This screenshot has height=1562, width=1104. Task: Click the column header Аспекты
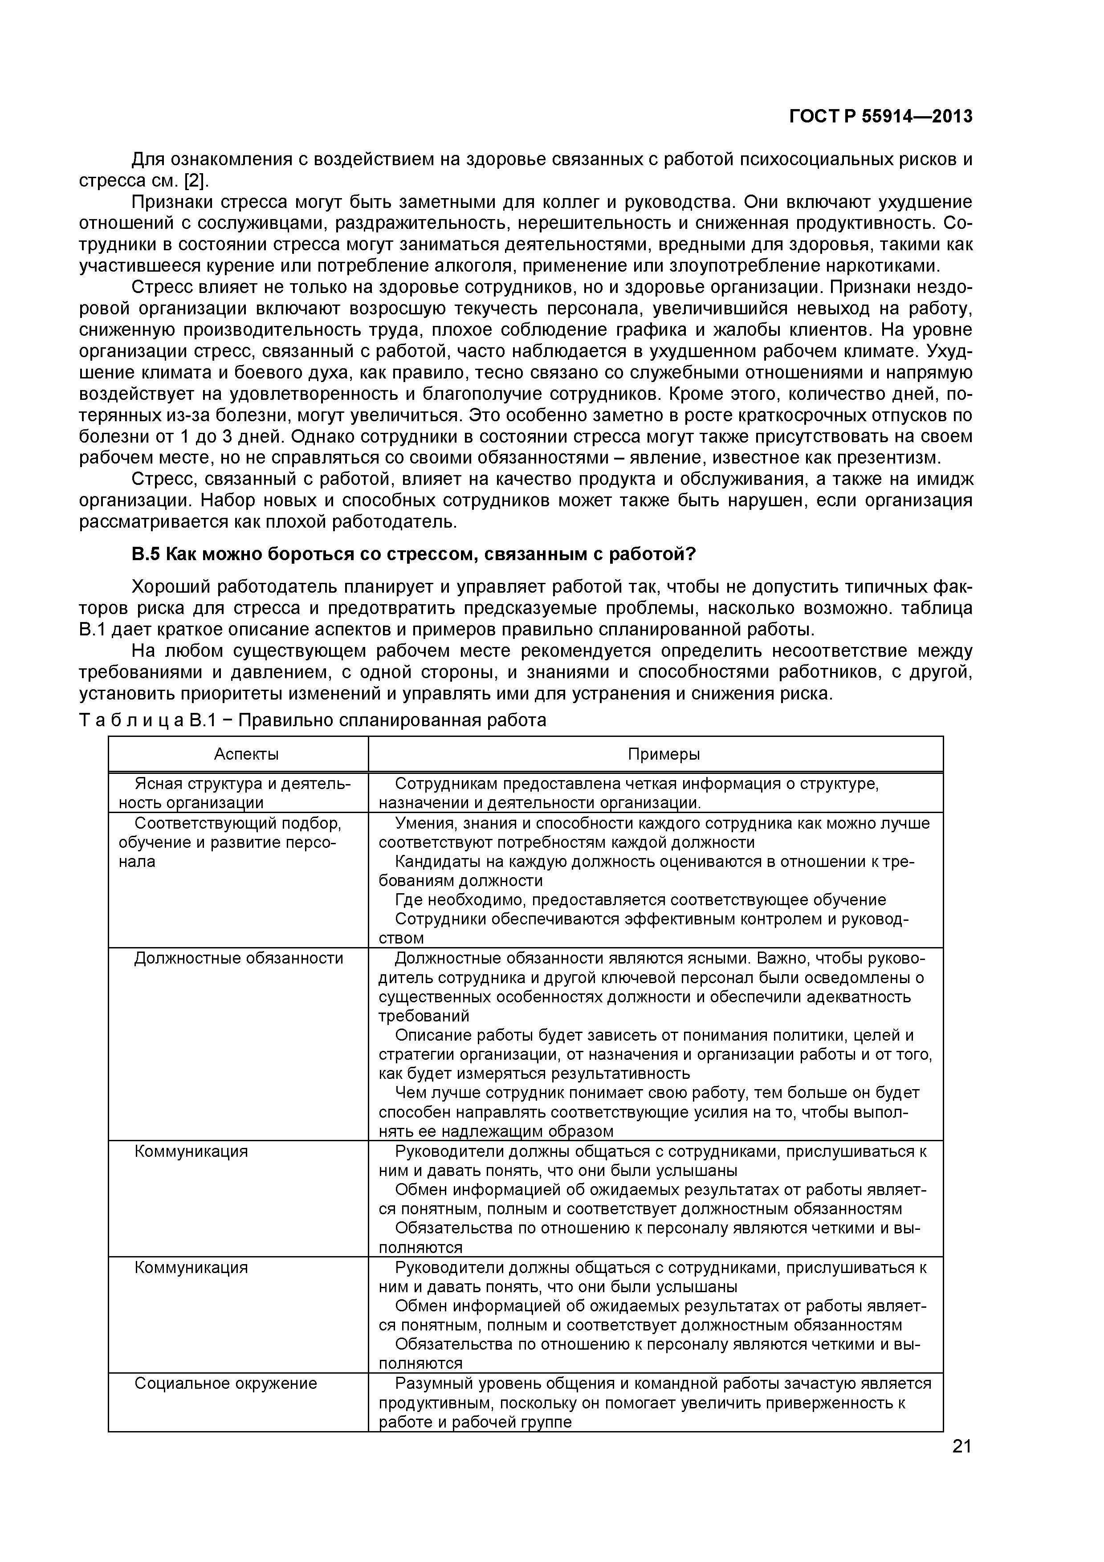[246, 754]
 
